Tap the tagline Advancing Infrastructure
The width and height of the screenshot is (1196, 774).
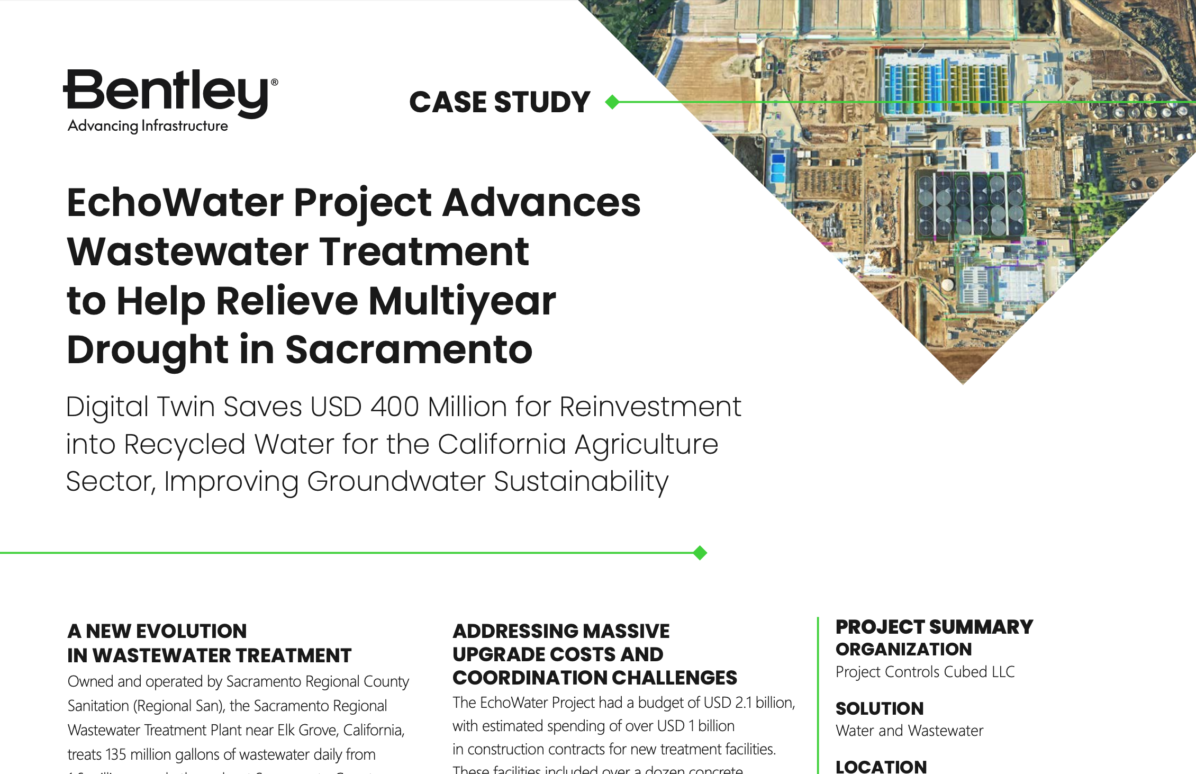(148, 126)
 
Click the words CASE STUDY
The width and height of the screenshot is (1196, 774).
(500, 102)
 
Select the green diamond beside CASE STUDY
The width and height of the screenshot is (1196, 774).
(612, 102)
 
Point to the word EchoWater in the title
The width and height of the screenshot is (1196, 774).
(175, 203)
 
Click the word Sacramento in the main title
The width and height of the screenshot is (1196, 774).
(409, 350)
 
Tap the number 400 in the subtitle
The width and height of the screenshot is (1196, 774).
(394, 407)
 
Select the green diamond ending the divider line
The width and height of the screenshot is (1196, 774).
(700, 553)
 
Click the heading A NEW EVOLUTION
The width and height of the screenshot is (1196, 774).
(157, 631)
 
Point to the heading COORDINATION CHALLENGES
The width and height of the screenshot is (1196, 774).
(594, 678)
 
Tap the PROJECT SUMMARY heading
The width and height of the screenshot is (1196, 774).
(934, 627)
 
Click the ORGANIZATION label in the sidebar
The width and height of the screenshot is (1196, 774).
(903, 649)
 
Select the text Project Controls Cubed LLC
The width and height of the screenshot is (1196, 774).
(925, 672)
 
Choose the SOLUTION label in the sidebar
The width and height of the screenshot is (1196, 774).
(880, 708)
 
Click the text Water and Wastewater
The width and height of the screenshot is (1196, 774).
(909, 731)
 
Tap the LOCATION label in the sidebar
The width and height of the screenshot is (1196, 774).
(881, 766)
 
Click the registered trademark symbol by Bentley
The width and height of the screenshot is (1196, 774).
(274, 83)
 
